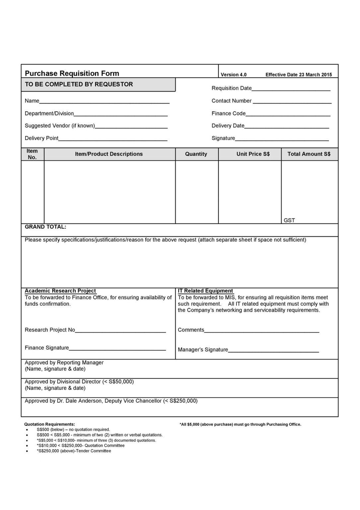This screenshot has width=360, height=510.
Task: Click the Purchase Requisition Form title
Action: coord(72,73)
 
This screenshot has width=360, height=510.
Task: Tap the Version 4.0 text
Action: coord(234,75)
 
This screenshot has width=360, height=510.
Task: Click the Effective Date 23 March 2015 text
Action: coord(299,75)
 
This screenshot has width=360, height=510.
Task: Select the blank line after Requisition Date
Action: coord(291,89)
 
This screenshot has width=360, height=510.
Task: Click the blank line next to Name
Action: coord(104,102)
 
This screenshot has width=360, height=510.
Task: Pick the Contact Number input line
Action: coord(292,102)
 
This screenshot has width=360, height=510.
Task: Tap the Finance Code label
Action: coord(229,114)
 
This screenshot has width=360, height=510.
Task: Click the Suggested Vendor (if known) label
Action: coord(60,126)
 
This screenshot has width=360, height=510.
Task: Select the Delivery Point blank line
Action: coord(113,139)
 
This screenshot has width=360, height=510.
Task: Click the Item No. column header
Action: coord(32,154)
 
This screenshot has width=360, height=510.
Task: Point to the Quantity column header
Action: coord(196,154)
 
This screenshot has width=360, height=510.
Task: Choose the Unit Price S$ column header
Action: coord(253,154)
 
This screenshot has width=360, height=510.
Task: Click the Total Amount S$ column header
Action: coord(309,154)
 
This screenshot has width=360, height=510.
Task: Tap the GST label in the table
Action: coord(289,220)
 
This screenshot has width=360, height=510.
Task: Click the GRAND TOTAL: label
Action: coord(45,227)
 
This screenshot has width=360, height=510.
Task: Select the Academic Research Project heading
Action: coord(60,291)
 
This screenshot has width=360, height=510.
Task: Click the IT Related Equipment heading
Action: coord(205,291)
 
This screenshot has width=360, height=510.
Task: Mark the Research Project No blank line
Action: coord(120,331)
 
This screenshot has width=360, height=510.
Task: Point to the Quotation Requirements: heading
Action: coord(49,424)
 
